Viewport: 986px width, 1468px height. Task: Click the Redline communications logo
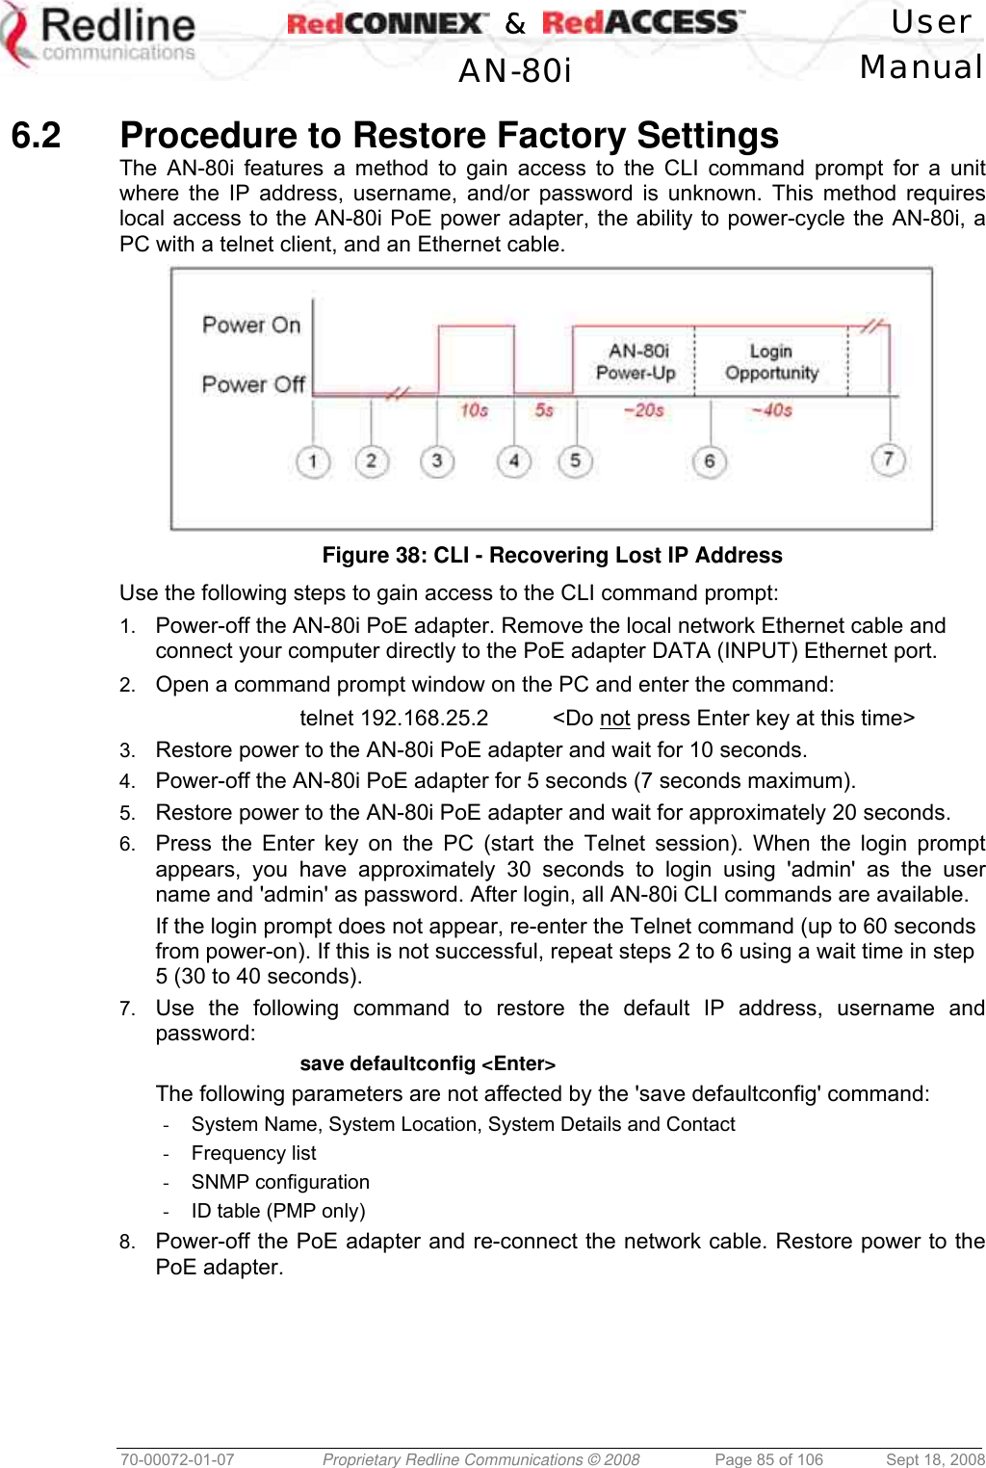pyautogui.click(x=99, y=37)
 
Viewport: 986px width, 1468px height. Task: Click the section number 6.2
pyautogui.click(x=36, y=136)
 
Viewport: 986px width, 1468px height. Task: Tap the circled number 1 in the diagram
pyautogui.click(x=312, y=461)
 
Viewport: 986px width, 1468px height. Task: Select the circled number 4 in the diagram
pyautogui.click(x=513, y=461)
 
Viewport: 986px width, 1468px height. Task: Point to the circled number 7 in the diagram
pyautogui.click(x=888, y=459)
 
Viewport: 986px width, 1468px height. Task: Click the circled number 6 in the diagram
pyautogui.click(x=709, y=461)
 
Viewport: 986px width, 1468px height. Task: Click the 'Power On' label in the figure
pyautogui.click(x=251, y=325)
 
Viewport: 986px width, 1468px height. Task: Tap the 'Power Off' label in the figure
pyautogui.click(x=253, y=384)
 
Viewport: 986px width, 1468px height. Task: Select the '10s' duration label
pyautogui.click(x=474, y=410)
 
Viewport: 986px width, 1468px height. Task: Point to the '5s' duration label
pyautogui.click(x=544, y=410)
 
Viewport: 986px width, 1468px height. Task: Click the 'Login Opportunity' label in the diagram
pyautogui.click(x=771, y=362)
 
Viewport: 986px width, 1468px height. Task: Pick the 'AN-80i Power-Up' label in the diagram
pyautogui.click(x=636, y=362)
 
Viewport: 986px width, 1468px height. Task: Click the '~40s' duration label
pyautogui.click(x=771, y=410)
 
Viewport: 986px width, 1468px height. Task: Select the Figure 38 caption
pyautogui.click(x=552, y=555)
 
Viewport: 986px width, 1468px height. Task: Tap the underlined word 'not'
pyautogui.click(x=614, y=719)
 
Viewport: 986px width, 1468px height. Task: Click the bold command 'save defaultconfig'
pyautogui.click(x=388, y=1063)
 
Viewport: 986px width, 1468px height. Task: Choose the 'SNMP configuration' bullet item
pyautogui.click(x=280, y=1182)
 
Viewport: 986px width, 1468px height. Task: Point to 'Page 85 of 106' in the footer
pyautogui.click(x=768, y=1459)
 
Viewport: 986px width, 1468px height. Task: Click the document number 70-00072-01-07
pyautogui.click(x=177, y=1459)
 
